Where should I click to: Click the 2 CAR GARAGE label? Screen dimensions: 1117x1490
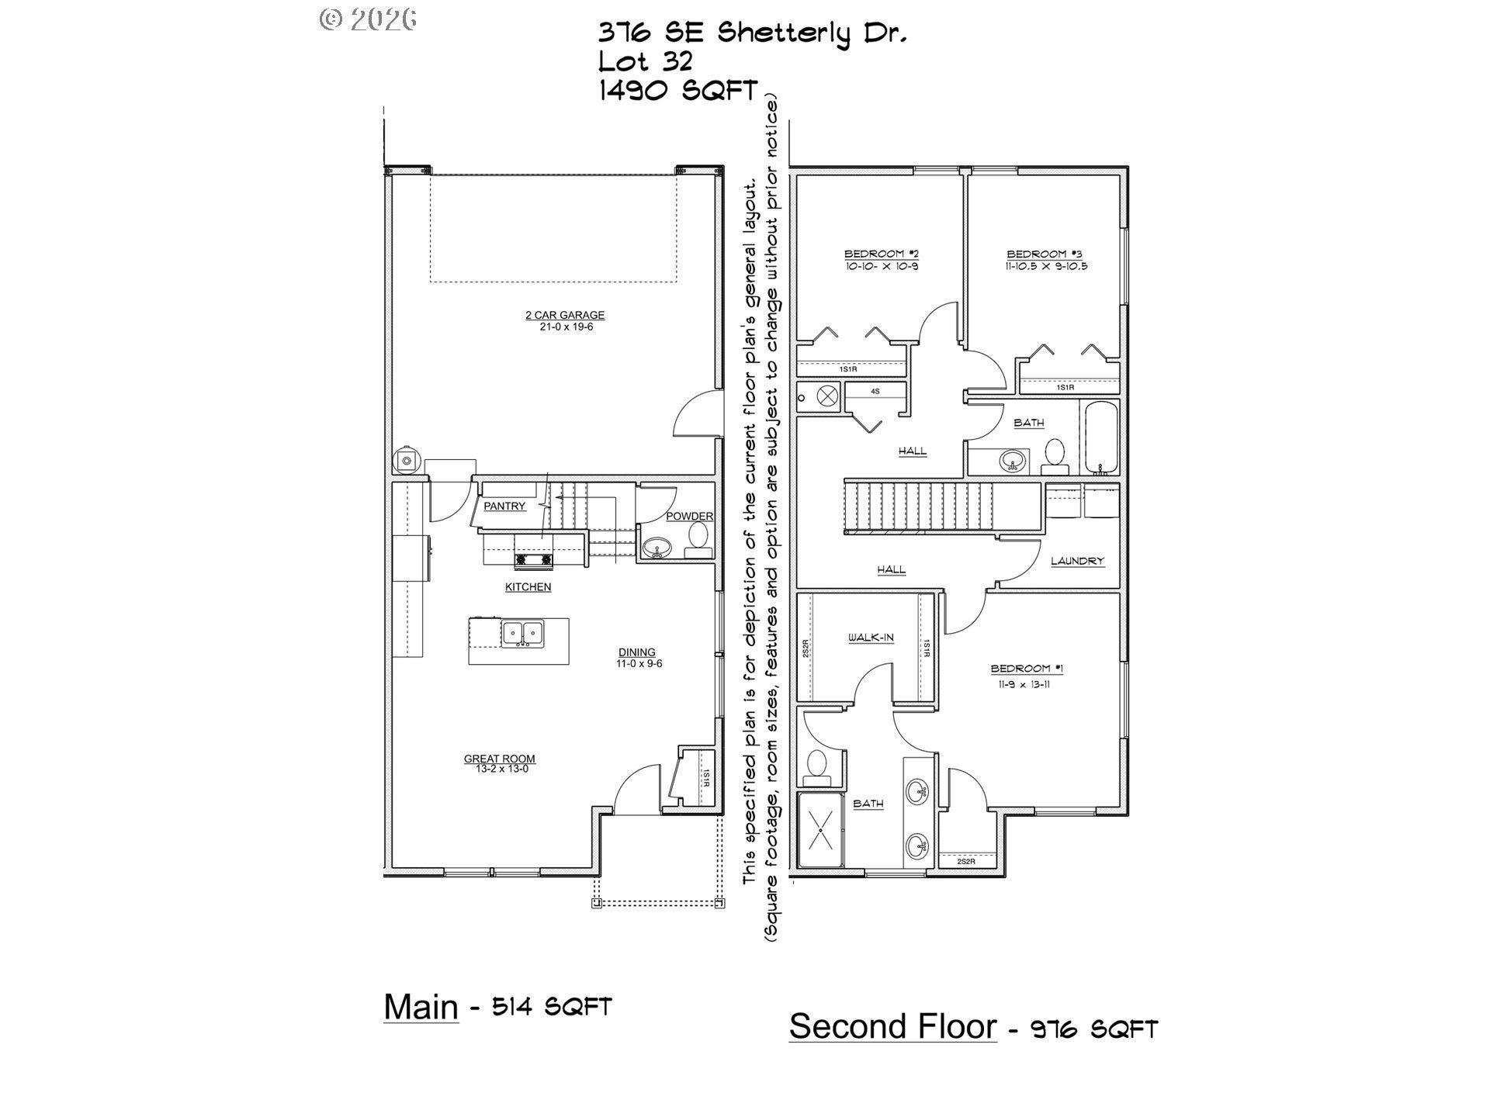(564, 315)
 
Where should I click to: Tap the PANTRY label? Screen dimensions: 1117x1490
(504, 506)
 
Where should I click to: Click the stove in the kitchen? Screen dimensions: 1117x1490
(532, 558)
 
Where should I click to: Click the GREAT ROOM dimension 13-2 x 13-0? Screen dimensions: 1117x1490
(499, 769)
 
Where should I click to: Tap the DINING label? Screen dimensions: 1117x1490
(636, 652)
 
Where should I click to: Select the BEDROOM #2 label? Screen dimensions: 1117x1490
(881, 254)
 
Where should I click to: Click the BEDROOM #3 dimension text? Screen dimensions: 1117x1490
(1046, 266)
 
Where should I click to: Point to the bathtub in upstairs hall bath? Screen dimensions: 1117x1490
(1100, 438)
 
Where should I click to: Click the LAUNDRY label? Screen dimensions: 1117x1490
(1077, 561)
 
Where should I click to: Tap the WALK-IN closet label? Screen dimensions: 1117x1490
(870, 638)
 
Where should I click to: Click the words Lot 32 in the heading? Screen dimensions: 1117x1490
(644, 61)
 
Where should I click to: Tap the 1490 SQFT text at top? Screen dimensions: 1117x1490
(677, 91)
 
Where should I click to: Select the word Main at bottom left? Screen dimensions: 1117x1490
(421, 1007)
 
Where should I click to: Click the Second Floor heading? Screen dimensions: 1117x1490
(892, 1026)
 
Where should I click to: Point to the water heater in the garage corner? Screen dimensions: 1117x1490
(406, 461)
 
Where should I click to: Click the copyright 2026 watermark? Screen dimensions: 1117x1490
(368, 19)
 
